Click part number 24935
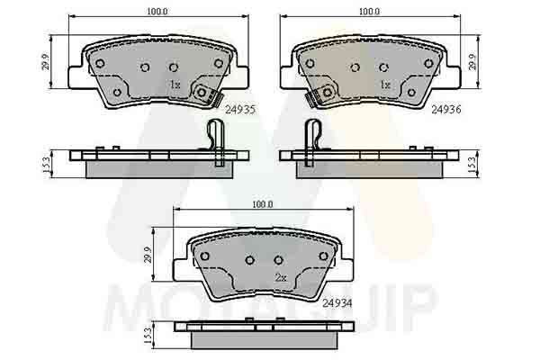tap(240, 109)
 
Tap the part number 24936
tap(446, 109)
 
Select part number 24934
tap(337, 303)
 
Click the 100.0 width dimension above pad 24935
tap(157, 12)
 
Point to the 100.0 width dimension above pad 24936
tap(370, 12)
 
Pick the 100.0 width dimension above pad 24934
tap(263, 204)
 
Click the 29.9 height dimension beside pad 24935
tap(46, 62)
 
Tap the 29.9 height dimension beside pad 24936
tap(472, 62)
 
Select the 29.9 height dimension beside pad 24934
tap(148, 255)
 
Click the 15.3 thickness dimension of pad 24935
tap(46, 165)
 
